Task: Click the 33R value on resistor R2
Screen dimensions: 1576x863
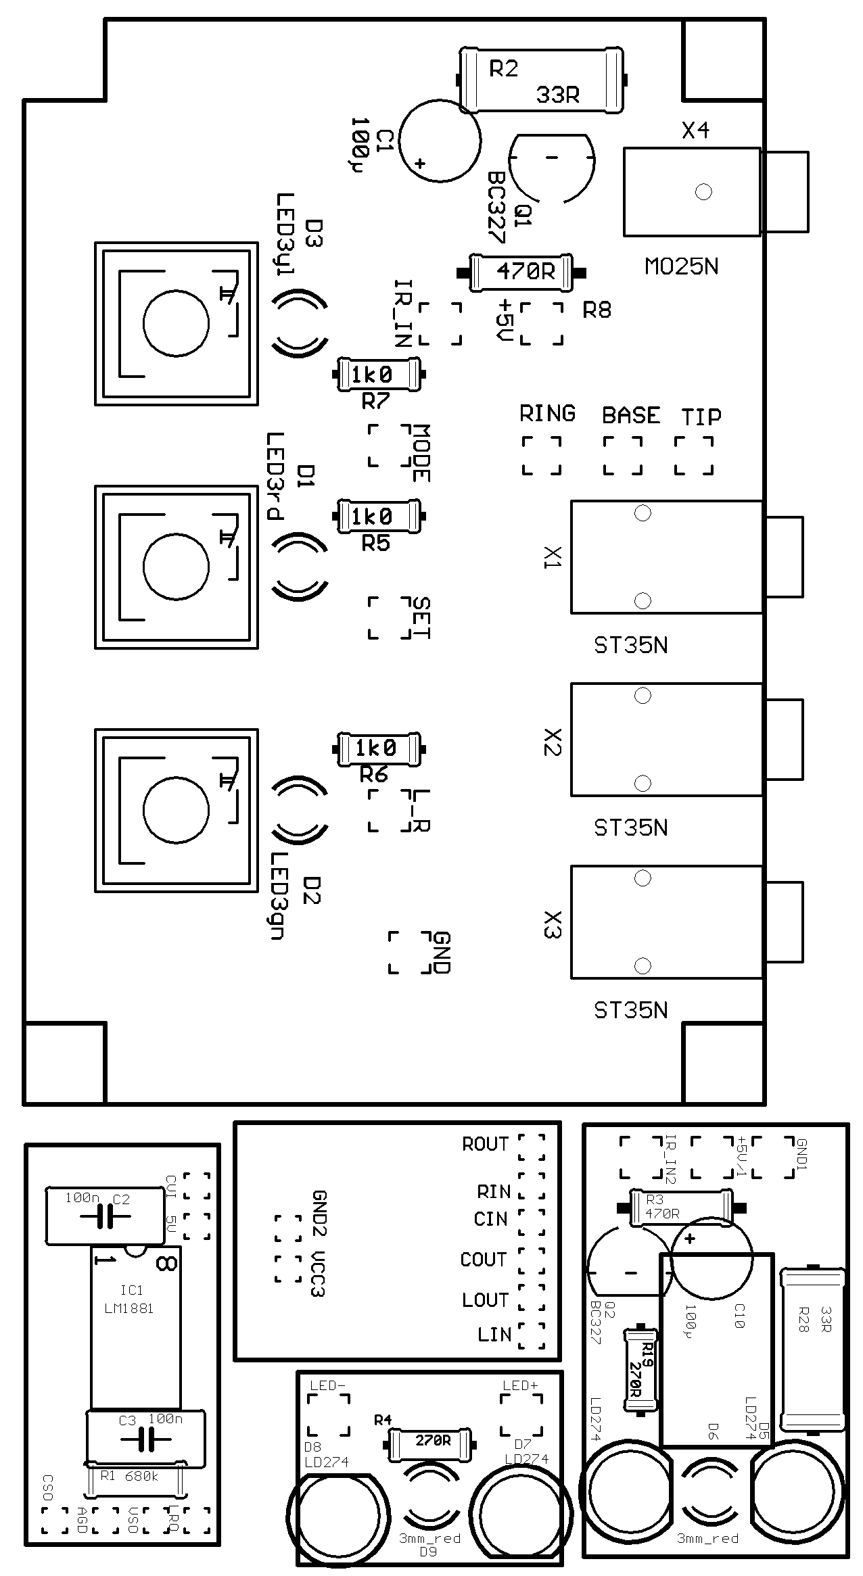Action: click(x=557, y=95)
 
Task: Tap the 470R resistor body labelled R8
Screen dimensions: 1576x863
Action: click(x=521, y=272)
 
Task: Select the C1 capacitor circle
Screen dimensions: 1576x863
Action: click(x=440, y=140)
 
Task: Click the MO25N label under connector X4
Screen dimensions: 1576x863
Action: click(x=681, y=267)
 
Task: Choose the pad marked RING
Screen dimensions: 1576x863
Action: click(x=542, y=455)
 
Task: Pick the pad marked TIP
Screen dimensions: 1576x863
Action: click(x=694, y=455)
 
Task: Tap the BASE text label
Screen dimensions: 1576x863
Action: click(x=630, y=415)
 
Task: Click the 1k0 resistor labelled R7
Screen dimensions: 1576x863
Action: click(x=379, y=375)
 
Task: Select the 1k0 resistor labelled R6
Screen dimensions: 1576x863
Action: click(x=379, y=748)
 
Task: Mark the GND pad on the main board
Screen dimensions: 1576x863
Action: click(x=409, y=952)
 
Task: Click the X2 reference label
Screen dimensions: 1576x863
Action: click(x=553, y=742)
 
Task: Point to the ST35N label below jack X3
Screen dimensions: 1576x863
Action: click(x=630, y=1010)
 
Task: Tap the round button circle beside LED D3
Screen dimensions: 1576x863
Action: click(x=176, y=323)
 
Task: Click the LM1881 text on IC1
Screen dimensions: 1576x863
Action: click(x=129, y=1308)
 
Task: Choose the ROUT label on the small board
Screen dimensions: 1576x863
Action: click(x=485, y=1144)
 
